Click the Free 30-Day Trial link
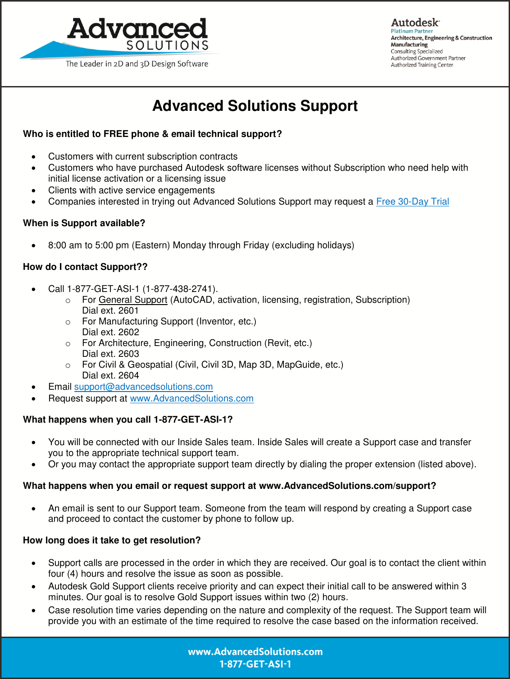pyautogui.click(x=412, y=202)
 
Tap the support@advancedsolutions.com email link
pyautogui.click(x=143, y=387)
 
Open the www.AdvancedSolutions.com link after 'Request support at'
pyautogui.click(x=191, y=399)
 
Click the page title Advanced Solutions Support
pyautogui.click(x=255, y=106)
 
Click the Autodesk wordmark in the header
pyautogui.click(x=415, y=23)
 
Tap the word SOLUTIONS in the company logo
pyautogui.click(x=167, y=46)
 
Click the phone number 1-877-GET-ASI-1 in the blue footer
pyautogui.click(x=255, y=664)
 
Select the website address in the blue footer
pyautogui.click(x=255, y=652)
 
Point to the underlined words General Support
pyautogui.click(x=133, y=300)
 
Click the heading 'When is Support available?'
pyautogui.click(x=84, y=223)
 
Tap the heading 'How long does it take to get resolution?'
pyautogui.click(x=112, y=541)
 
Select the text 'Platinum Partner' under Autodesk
pyautogui.click(x=412, y=32)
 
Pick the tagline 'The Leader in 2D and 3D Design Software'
pyautogui.click(x=137, y=64)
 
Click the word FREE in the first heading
pyautogui.click(x=116, y=134)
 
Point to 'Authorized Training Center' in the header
pyautogui.click(x=422, y=65)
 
